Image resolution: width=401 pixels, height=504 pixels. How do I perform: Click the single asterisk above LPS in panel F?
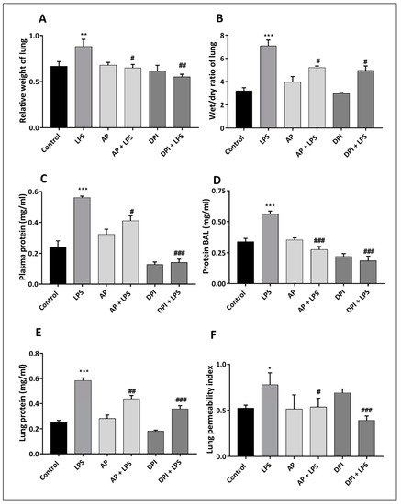pos(271,367)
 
